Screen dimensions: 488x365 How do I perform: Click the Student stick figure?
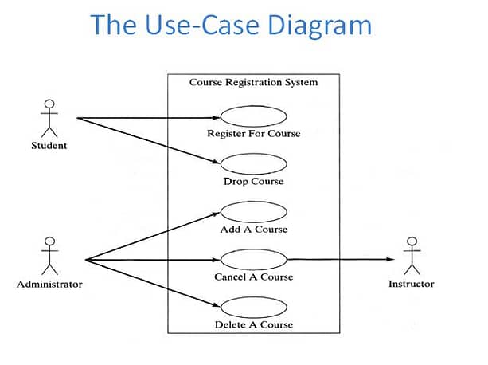[49, 119]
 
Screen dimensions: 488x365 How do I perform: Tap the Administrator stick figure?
[50, 256]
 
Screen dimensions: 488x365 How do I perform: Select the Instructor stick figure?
[412, 256]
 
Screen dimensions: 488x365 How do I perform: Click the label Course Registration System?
[254, 83]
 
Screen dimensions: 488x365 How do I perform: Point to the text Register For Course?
[254, 134]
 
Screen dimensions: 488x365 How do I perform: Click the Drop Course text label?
[254, 181]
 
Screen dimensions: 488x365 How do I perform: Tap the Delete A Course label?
[254, 324]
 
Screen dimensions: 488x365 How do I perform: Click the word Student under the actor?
[49, 145]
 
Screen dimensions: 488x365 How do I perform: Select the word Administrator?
[50, 284]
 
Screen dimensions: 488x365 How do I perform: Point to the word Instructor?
[412, 284]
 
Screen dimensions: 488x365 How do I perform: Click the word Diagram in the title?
[319, 26]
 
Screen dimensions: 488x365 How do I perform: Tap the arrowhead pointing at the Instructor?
[390, 259]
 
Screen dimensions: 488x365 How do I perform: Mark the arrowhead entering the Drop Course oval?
[216, 162]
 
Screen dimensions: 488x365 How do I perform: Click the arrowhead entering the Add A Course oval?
[216, 214]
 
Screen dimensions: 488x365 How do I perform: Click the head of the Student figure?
[49, 104]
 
